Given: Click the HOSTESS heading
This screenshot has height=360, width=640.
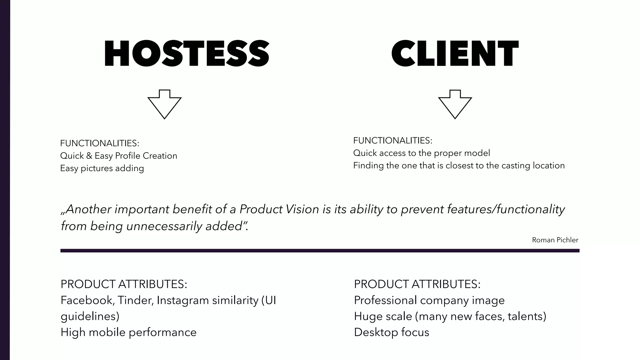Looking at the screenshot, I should [x=187, y=53].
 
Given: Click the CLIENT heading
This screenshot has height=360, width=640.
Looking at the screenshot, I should [x=455, y=53].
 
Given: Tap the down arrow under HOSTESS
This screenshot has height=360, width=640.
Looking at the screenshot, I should [x=164, y=104].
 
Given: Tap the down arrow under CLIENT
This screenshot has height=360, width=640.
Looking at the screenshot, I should [x=455, y=104].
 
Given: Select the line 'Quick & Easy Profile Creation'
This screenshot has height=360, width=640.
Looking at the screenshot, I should [x=118, y=156].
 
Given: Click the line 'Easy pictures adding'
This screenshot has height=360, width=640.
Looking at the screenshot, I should [x=102, y=168].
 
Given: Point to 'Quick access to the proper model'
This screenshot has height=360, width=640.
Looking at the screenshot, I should [x=422, y=153].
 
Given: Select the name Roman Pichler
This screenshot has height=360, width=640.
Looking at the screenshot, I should [x=555, y=240].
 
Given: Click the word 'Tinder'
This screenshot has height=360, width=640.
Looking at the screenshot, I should [x=135, y=300].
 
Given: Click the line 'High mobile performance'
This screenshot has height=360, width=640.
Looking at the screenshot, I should [x=128, y=332].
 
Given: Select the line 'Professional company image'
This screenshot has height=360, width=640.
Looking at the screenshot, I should [x=429, y=300].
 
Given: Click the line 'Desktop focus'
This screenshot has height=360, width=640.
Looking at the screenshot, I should [x=392, y=332].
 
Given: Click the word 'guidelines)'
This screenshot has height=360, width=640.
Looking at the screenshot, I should [x=90, y=316].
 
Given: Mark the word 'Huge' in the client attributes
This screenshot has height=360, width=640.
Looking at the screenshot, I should [x=367, y=316].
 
